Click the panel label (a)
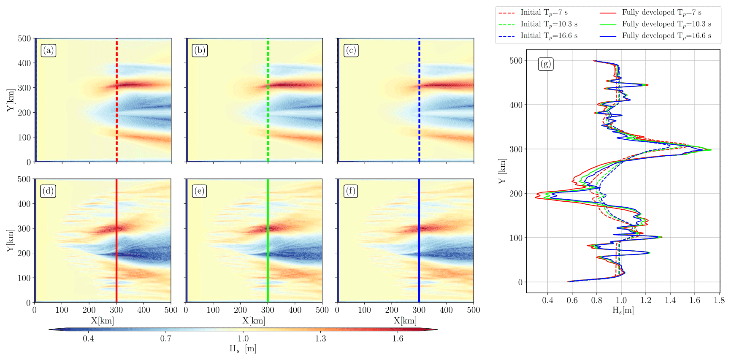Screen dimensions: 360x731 coord(49,51)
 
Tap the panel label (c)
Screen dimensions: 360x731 coord(351,51)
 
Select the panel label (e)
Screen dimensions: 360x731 coord(200,191)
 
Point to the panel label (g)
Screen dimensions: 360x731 coord(546,64)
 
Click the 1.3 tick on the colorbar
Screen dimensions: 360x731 coord(320,338)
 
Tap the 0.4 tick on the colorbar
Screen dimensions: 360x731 coord(88,338)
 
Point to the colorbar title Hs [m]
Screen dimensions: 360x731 coord(243,349)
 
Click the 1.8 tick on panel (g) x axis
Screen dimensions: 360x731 coord(719,300)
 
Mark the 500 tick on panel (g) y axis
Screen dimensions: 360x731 coord(516,60)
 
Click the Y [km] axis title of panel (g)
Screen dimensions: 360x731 coord(502,171)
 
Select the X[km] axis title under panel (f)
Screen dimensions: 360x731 coord(405,321)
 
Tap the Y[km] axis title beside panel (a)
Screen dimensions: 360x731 coord(11,100)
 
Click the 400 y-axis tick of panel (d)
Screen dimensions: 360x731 coord(24,204)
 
